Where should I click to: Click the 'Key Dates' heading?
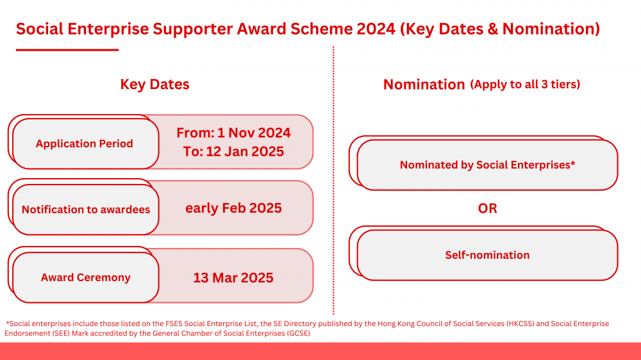[x=154, y=84]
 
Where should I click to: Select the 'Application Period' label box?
[x=85, y=143]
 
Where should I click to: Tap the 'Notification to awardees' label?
[x=85, y=209]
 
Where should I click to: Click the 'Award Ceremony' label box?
[x=85, y=277]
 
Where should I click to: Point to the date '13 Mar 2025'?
[x=233, y=278]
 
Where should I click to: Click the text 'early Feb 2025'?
[x=233, y=208]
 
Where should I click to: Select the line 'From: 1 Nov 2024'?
[x=233, y=133]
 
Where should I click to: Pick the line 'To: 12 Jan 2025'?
[x=233, y=152]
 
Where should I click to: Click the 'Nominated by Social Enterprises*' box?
[x=487, y=165]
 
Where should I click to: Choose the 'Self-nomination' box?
[x=487, y=255]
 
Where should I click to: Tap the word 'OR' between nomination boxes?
[x=487, y=208]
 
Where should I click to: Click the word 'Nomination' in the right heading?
[x=424, y=85]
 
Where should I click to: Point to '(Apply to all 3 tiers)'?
[x=525, y=85]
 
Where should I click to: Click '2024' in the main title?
[x=376, y=29]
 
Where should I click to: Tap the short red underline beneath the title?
[x=67, y=50]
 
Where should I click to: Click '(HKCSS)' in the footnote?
[x=520, y=323]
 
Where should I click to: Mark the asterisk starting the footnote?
[x=7, y=322]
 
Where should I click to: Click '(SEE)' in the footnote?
[x=61, y=334]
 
